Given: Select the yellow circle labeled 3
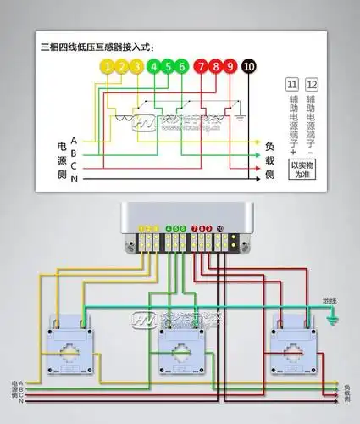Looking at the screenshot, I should tap(137, 65).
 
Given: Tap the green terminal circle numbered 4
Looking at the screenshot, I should tap(154, 65).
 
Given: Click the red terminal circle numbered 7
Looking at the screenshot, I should tap(202, 65).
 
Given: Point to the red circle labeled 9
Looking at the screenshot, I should tap(230, 65).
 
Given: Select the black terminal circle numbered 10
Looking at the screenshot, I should tap(249, 65).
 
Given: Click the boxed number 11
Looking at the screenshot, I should tap(291, 85).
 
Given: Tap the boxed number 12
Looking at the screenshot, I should tap(312, 85).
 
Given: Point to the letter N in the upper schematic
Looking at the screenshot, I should tap(75, 180).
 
